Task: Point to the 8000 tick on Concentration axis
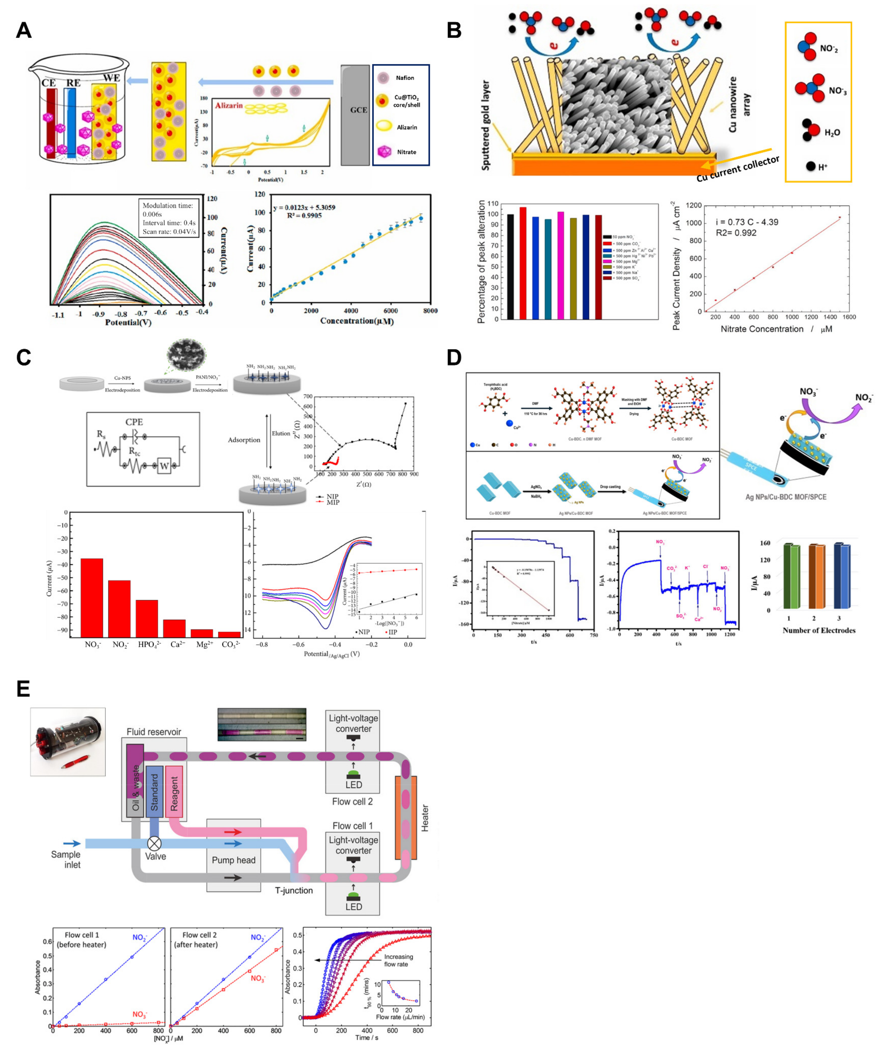430,310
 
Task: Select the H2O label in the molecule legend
832,133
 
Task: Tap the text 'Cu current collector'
737,169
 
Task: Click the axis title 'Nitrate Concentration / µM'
776,329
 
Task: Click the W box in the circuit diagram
164,466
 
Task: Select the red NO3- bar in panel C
92,598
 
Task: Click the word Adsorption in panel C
244,440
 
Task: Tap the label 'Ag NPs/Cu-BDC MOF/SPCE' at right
785,497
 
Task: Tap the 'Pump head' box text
234,860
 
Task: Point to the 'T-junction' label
294,890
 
